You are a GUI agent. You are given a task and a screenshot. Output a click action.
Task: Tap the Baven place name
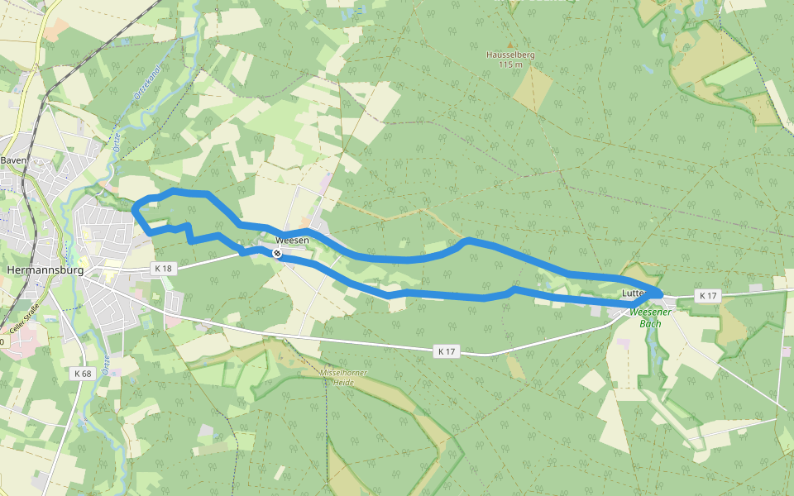point(14,160)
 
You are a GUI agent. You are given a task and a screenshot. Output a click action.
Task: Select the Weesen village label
point(291,240)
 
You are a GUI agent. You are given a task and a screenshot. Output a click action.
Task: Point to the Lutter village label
point(633,293)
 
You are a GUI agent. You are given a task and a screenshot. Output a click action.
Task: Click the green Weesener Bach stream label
point(650,317)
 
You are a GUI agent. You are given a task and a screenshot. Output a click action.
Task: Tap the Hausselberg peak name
point(511,55)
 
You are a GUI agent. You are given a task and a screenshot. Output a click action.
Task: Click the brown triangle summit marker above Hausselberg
point(510,45)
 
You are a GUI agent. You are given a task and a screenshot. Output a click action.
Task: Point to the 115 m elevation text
point(511,64)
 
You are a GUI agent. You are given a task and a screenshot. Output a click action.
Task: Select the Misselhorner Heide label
point(343,377)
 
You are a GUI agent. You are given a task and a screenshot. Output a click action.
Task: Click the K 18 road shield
point(163,268)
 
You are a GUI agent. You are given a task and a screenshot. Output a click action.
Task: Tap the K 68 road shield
point(82,374)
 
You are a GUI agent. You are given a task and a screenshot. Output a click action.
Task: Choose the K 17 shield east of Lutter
point(707,295)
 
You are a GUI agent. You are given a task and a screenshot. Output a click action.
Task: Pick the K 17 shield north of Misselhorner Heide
point(446,351)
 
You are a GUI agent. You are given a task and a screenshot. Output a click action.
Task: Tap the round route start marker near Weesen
point(278,253)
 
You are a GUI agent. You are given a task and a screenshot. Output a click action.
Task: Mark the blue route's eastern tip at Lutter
point(659,293)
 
